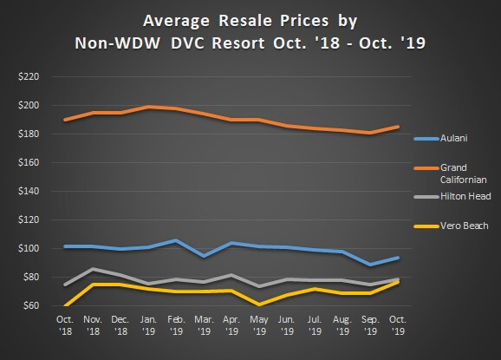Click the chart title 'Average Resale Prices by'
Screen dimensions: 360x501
click(x=250, y=19)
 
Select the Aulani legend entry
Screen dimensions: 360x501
click(x=459, y=138)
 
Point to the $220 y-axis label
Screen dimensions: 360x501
click(x=29, y=77)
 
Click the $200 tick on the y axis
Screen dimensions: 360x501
click(x=29, y=106)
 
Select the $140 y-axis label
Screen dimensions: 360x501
click(x=29, y=191)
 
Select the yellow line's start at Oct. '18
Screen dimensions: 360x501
click(x=66, y=305)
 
